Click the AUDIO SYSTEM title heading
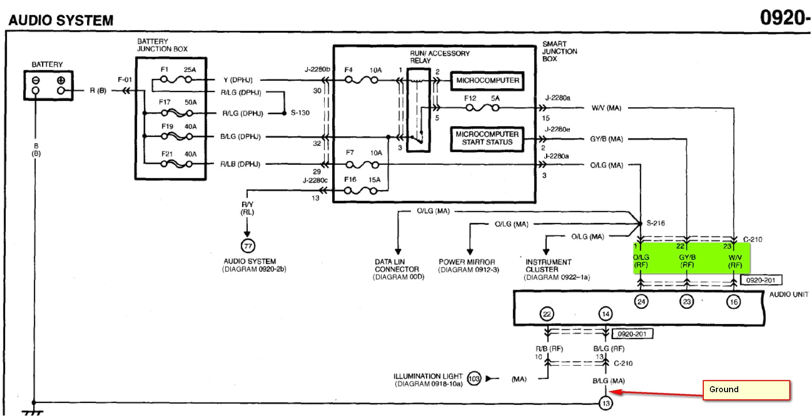[x=61, y=20]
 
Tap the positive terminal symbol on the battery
[x=61, y=80]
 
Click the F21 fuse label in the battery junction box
[x=167, y=154]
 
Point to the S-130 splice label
[x=300, y=113]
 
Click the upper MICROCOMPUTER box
[x=487, y=80]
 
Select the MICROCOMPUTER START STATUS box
[x=486, y=138]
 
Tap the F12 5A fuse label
[x=482, y=99]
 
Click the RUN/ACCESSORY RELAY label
[x=439, y=57]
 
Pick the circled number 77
[x=248, y=246]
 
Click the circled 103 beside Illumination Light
[x=474, y=379]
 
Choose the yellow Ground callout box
[x=746, y=390]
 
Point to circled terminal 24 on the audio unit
[x=641, y=302]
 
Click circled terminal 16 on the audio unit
[x=734, y=302]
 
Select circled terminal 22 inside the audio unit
[x=547, y=314]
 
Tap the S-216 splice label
[x=656, y=223]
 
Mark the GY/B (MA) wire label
[x=607, y=139]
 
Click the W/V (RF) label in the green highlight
[x=735, y=261]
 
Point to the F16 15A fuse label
[x=362, y=179]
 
